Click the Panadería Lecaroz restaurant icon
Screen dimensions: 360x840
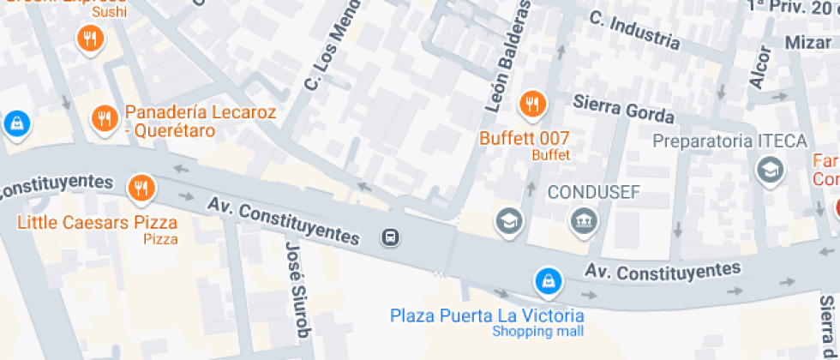[105, 118]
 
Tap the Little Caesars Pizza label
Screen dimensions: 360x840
[97, 223]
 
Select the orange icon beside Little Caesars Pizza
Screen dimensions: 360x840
[140, 187]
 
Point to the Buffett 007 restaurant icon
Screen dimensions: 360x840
[532, 105]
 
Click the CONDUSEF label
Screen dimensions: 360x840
[594, 191]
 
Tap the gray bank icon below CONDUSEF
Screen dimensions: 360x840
[585, 221]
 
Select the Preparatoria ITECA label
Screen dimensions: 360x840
[729, 141]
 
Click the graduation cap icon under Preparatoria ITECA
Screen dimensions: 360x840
[771, 170]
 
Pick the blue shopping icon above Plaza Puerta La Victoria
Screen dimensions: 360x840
[547, 279]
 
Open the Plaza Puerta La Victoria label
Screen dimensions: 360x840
[487, 315]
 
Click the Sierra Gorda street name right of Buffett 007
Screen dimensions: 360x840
[623, 110]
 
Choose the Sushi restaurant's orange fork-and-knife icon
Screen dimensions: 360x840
[90, 38]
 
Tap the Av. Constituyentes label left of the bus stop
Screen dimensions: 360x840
[283, 219]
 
